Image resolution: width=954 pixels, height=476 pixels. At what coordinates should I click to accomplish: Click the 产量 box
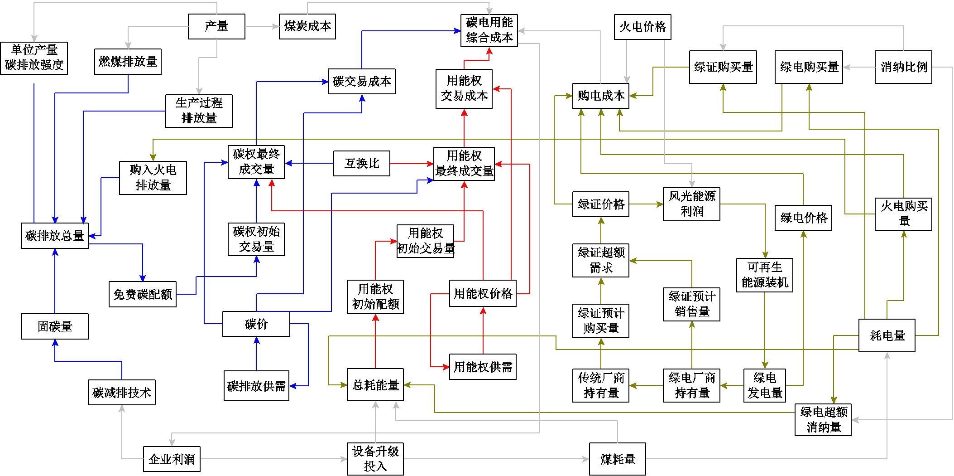(x=216, y=26)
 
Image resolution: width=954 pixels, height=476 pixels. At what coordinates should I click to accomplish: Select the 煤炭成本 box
(x=307, y=26)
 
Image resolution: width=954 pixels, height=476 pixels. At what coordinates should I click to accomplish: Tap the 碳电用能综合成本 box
(x=489, y=30)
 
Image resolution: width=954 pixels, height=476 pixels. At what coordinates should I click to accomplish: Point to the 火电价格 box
(x=642, y=27)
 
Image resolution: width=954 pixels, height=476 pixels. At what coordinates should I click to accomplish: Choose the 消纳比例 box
(x=903, y=67)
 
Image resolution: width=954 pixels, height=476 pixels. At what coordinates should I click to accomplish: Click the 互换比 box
(x=362, y=163)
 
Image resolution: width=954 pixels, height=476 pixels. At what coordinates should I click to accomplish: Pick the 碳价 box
(x=256, y=324)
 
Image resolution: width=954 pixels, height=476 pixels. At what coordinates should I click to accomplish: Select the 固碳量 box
(x=55, y=326)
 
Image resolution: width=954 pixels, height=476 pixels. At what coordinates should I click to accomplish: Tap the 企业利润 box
(x=172, y=459)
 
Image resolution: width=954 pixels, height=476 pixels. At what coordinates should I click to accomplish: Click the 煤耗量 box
(x=618, y=459)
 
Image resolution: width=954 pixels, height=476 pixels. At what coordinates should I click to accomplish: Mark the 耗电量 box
(x=887, y=335)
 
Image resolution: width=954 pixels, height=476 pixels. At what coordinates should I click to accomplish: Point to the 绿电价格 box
(x=803, y=218)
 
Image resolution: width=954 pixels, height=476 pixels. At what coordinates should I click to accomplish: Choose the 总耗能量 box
(x=375, y=384)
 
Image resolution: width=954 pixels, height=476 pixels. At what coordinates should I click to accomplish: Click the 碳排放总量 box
(x=55, y=236)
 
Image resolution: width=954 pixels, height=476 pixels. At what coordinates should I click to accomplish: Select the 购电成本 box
(x=601, y=96)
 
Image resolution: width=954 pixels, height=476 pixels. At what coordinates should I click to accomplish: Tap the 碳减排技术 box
(x=122, y=392)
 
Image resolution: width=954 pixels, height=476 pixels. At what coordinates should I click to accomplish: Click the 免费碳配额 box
(x=143, y=294)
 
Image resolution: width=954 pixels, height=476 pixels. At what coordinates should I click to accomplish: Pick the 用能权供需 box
(x=483, y=367)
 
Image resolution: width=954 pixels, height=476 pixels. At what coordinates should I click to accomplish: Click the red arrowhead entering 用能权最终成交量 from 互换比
(x=431, y=163)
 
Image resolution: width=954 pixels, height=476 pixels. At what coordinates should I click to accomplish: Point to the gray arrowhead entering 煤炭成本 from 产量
(x=276, y=26)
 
